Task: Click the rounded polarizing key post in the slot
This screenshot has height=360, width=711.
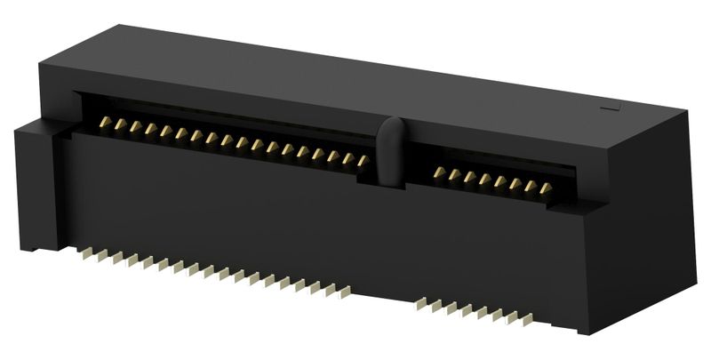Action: (x=389, y=151)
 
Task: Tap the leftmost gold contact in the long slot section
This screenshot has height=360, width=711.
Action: (x=104, y=122)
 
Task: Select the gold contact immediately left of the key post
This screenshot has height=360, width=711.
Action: (x=363, y=161)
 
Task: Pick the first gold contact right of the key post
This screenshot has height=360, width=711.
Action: (x=439, y=172)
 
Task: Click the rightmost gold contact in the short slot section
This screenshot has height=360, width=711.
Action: (x=546, y=188)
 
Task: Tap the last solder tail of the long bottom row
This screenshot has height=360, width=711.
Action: (x=345, y=290)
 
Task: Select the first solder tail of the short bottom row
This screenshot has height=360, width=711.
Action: (x=421, y=302)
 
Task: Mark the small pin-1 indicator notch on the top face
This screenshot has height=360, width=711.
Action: (x=611, y=108)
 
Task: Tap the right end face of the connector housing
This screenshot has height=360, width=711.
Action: (x=649, y=222)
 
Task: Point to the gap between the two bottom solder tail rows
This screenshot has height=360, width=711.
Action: (x=383, y=297)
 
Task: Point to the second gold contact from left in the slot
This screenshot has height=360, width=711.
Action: (x=119, y=124)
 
